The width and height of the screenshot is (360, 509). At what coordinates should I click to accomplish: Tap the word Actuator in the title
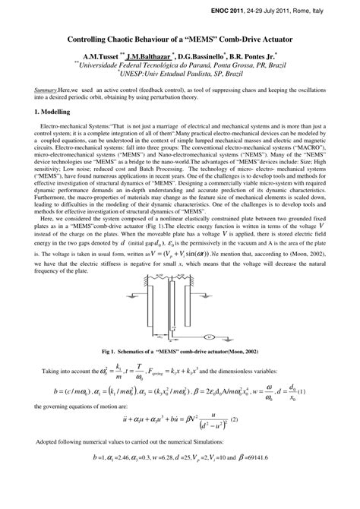pos(270,37)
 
